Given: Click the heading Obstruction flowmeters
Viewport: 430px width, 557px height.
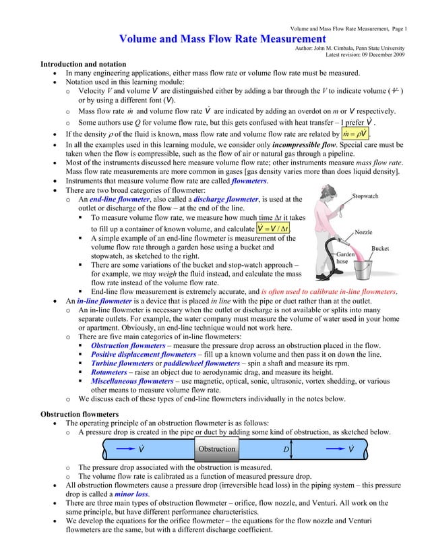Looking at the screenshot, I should pos(80,413).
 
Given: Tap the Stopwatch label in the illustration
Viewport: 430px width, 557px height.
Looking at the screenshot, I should pos(366,196).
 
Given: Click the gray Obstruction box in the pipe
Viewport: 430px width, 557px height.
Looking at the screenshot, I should pos(217,449).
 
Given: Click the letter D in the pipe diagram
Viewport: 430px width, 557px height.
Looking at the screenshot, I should pos(286,449).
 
